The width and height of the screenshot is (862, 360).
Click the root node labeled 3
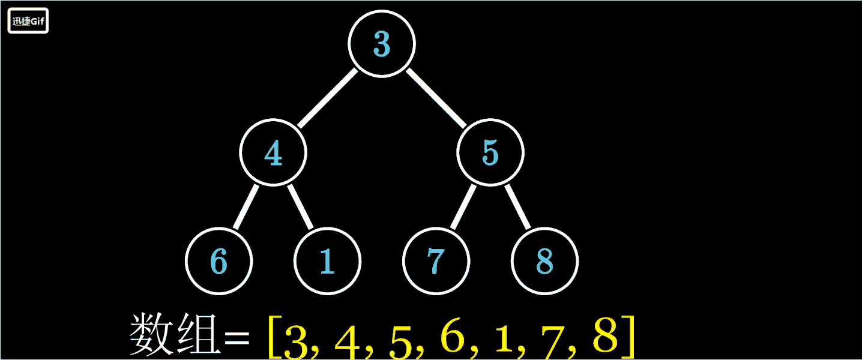[382, 44]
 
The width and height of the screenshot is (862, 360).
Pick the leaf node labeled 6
[219, 261]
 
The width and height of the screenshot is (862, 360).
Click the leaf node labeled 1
[327, 261]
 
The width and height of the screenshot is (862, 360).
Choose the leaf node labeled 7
[436, 261]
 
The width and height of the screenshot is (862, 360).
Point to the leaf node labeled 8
[544, 261]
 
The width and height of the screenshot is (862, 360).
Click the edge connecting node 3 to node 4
[327, 98]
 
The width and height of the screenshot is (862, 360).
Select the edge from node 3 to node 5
[436, 98]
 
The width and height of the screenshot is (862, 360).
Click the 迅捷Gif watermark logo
[28, 22]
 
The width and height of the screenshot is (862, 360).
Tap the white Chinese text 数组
[174, 335]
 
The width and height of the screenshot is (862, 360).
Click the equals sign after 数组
[236, 340]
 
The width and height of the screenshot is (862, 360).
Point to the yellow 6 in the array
[453, 336]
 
